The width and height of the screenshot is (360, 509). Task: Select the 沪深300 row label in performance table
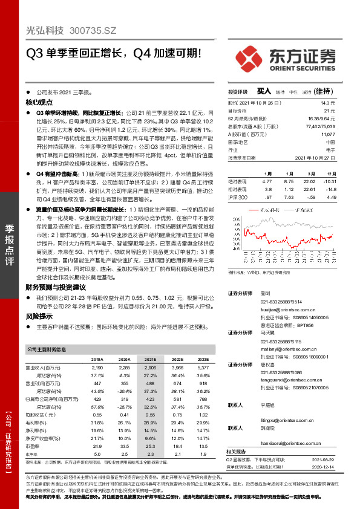(x=238, y=197)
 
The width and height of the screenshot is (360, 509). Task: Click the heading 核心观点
(x=38, y=103)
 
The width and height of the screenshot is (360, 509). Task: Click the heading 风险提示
(x=38, y=316)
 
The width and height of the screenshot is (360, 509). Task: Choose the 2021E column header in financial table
(x=149, y=359)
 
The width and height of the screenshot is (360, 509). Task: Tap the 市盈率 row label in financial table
(x=33, y=446)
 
